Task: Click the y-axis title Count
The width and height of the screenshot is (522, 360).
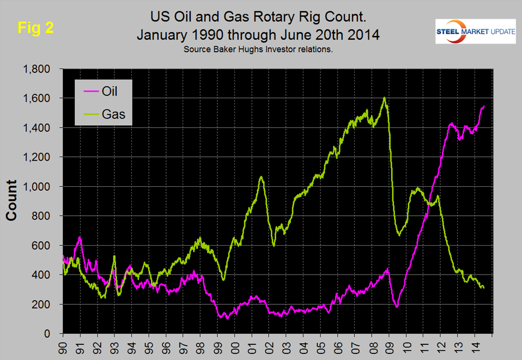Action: click(12, 202)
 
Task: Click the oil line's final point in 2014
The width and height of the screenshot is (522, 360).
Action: click(484, 106)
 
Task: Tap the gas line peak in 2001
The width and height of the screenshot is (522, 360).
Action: click(261, 176)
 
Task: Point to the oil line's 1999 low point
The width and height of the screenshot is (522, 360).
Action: click(227, 318)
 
